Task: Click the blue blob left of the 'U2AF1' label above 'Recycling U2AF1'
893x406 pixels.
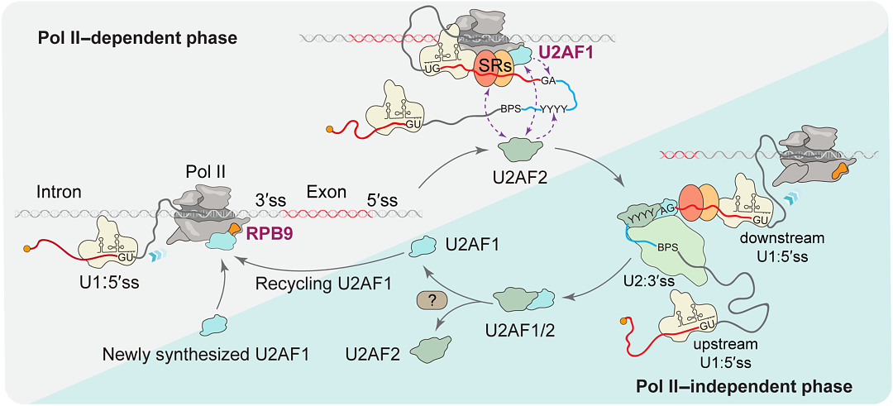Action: click(425, 244)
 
